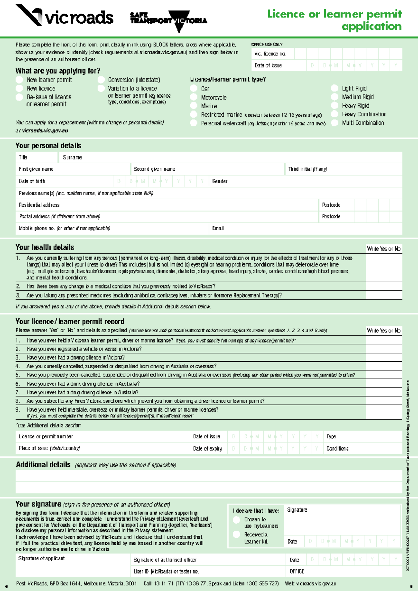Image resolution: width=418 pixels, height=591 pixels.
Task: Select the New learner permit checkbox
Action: click(x=20, y=80)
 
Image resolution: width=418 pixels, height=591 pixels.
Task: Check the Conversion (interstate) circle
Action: click(x=101, y=80)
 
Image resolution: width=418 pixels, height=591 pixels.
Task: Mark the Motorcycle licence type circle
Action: click(x=194, y=98)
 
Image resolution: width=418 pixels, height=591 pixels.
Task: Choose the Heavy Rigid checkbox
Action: click(x=334, y=106)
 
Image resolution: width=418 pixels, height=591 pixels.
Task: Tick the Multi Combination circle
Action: click(x=334, y=123)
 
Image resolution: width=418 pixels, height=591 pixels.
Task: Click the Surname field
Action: click(x=230, y=158)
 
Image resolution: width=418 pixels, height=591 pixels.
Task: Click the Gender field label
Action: click(x=220, y=181)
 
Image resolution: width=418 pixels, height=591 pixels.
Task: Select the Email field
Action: click(x=307, y=228)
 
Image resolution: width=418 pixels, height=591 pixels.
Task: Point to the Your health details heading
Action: click(x=45, y=247)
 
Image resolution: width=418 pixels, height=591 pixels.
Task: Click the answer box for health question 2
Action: click(x=384, y=286)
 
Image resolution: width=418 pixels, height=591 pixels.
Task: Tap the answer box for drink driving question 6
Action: click(x=384, y=384)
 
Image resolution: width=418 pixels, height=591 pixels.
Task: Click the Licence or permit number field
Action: click(x=104, y=437)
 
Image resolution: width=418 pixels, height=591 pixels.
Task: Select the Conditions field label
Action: click(x=337, y=449)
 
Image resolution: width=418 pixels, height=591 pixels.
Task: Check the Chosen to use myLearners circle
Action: click(x=237, y=520)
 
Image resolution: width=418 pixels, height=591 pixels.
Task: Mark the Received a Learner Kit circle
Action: click(x=237, y=535)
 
